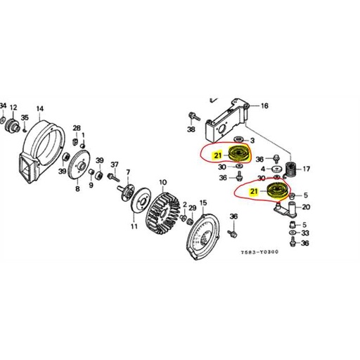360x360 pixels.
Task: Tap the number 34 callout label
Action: click(3, 105)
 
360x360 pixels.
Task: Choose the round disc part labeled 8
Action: click(82, 166)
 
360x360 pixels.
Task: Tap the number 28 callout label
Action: click(77, 127)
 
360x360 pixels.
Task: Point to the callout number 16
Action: click(264, 106)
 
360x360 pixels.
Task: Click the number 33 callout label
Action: click(304, 233)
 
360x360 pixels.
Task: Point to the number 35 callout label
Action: click(25, 117)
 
